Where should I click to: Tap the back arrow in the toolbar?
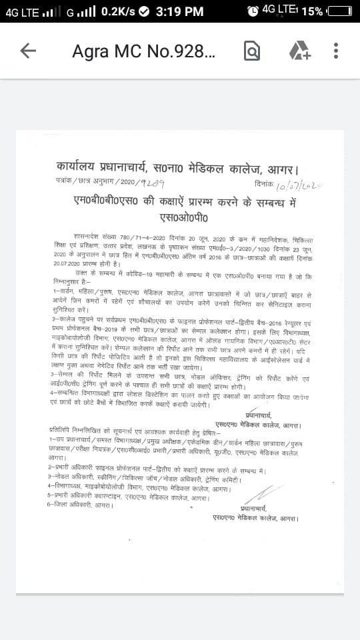pos(28,51)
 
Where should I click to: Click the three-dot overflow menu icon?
pos(336,51)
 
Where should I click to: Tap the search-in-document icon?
pos(252,51)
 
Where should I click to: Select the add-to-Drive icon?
pos(299,51)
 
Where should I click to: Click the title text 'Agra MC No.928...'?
pos(143,51)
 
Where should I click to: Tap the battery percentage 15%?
pos(312,11)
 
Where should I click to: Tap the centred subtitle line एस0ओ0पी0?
pos(184,217)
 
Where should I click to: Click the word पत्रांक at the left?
pos(65,181)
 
